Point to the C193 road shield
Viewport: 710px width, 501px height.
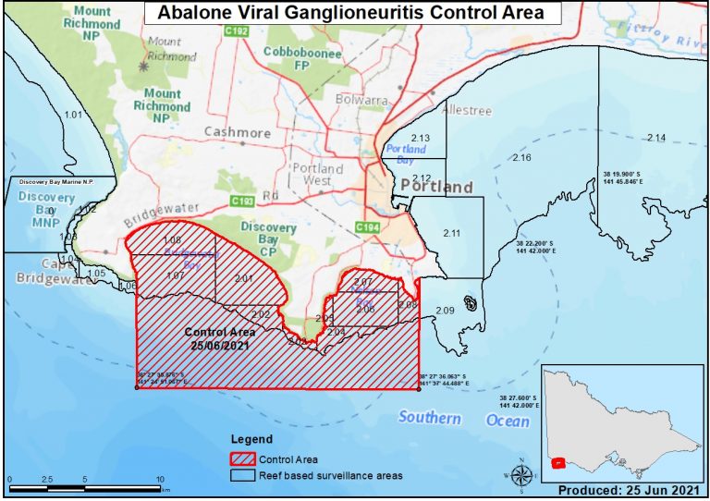pyautogui.click(x=242, y=200)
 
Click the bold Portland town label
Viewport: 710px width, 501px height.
pyautogui.click(x=436, y=187)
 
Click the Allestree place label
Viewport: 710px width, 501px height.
pyautogui.click(x=468, y=110)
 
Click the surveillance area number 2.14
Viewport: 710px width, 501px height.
pyautogui.click(x=655, y=138)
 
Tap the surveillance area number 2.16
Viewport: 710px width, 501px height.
pyautogui.click(x=521, y=158)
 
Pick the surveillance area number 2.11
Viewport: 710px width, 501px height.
pyautogui.click(x=451, y=233)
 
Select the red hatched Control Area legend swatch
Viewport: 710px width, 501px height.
pyautogui.click(x=244, y=458)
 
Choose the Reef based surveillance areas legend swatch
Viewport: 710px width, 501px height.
pyautogui.click(x=244, y=475)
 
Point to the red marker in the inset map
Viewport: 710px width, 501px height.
pyautogui.click(x=557, y=463)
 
